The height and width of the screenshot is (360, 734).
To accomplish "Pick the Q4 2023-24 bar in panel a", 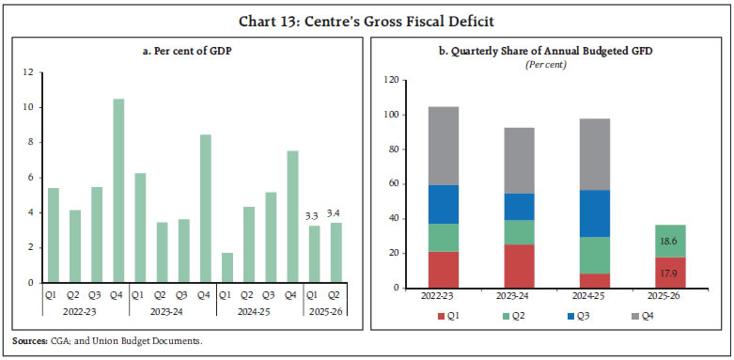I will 206,209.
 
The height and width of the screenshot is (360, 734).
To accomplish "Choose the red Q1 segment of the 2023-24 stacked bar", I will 520,266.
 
